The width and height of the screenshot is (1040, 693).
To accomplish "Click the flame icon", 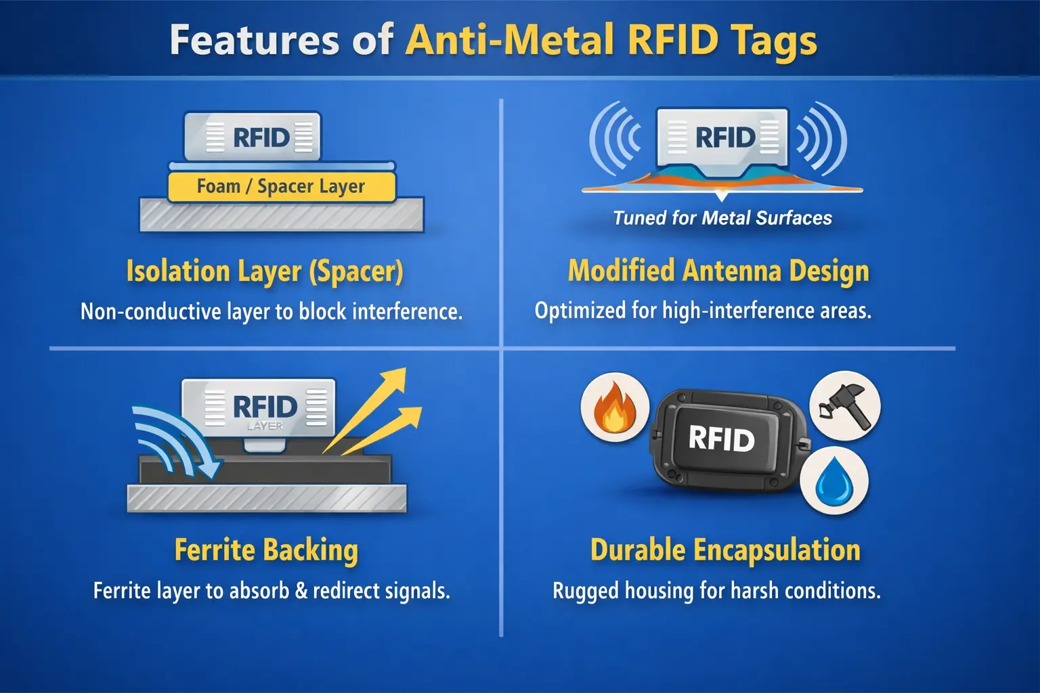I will pyautogui.click(x=614, y=409).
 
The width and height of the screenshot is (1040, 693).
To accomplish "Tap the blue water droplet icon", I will pyautogui.click(x=834, y=480).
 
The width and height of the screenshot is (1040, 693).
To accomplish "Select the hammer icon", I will pyautogui.click(x=845, y=405).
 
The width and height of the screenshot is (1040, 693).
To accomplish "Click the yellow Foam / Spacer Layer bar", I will pyautogui.click(x=281, y=186).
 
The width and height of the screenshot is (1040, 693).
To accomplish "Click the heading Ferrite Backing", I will pyautogui.click(x=266, y=550).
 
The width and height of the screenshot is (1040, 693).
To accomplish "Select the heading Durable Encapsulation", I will pyautogui.click(x=725, y=550).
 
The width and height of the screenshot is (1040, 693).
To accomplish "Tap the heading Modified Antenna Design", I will pyautogui.click(x=718, y=271).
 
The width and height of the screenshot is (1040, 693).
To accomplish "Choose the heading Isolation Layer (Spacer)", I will pyautogui.click(x=265, y=271).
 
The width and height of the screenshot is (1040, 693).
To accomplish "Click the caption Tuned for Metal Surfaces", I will pyautogui.click(x=722, y=218).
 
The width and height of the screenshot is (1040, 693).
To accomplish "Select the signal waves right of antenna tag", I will pyautogui.click(x=822, y=138).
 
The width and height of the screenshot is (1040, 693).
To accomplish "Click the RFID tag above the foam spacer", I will pyautogui.click(x=253, y=137).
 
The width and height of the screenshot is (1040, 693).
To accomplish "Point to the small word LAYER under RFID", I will pyautogui.click(x=265, y=426).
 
